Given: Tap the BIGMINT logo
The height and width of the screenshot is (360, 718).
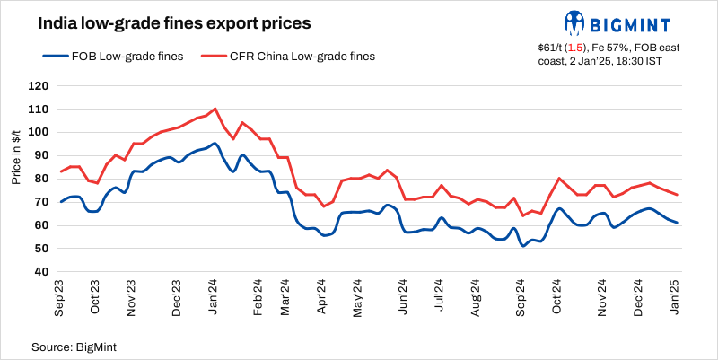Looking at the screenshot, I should coord(623,22).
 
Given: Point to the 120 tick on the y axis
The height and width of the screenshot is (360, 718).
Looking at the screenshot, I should coord(39,86).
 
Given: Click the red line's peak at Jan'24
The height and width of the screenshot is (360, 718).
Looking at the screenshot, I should coord(215,109).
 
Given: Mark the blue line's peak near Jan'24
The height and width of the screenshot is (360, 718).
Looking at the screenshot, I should coord(215,144).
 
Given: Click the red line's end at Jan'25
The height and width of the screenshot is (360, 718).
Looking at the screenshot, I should coord(676,195).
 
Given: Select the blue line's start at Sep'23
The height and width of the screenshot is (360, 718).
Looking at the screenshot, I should coord(60,202).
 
